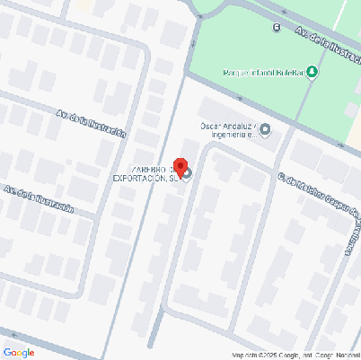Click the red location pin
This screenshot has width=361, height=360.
(180, 167)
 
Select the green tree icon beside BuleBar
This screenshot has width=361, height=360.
(312, 73)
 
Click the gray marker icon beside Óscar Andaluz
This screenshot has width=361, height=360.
(264, 131)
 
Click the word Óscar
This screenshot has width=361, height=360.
(209, 126)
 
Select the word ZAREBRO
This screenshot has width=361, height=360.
(150, 169)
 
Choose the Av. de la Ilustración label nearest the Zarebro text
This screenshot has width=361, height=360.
(91, 123)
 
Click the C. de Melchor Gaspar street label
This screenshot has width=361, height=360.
(318, 198)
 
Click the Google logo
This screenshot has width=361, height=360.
(18, 352)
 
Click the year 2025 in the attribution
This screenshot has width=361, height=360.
(267, 356)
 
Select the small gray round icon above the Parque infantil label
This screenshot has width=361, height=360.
(277, 28)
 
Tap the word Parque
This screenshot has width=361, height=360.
(235, 73)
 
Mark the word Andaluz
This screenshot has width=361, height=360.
(240, 126)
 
